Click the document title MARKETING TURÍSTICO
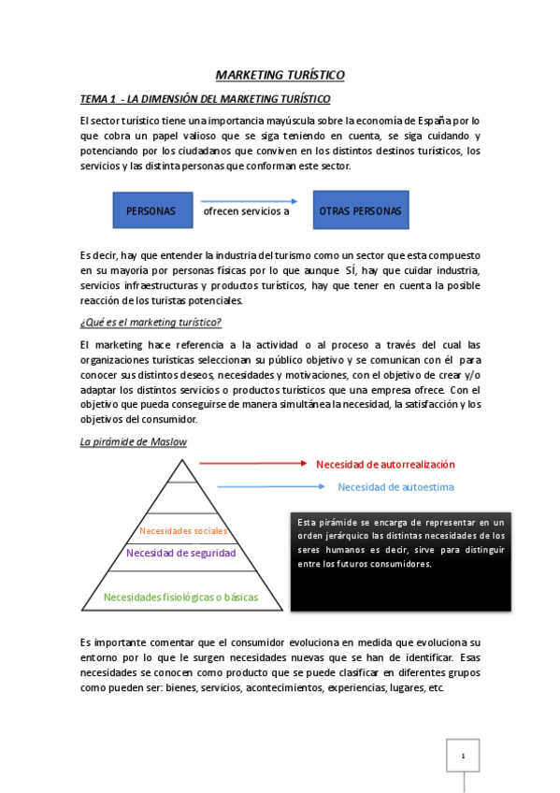[280, 75]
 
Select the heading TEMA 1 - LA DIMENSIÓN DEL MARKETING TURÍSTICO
[206, 99]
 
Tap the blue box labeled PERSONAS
[151, 211]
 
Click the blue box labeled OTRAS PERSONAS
[360, 211]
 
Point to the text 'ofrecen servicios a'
[246, 211]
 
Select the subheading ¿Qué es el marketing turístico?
[151, 323]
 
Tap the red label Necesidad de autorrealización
[385, 464]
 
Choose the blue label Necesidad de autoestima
[395, 487]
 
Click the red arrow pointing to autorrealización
[252, 463]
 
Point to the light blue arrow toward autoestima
[271, 486]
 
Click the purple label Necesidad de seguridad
[180, 553]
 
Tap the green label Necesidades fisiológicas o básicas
[180, 597]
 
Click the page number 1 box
[462, 756]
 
